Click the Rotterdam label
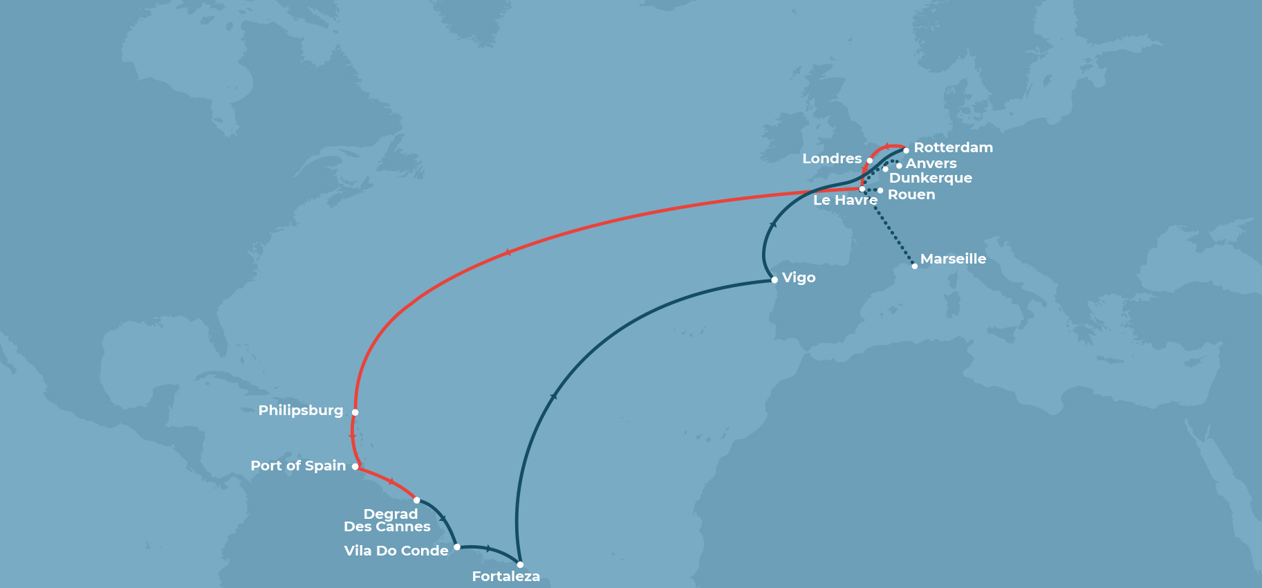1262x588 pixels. (x=953, y=147)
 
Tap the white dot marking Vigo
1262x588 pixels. (x=774, y=280)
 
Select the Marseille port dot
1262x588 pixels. (x=915, y=266)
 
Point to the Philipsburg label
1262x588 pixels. (x=301, y=410)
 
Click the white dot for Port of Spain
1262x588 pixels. (x=355, y=467)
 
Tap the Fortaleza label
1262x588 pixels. (x=505, y=576)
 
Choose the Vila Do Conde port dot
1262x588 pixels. (x=457, y=547)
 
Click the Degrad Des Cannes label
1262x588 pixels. (x=388, y=520)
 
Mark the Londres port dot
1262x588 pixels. (x=870, y=160)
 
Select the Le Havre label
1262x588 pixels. (x=844, y=200)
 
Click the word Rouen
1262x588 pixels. (x=911, y=194)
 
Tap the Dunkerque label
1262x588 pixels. (x=930, y=178)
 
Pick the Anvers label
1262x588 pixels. (x=931, y=163)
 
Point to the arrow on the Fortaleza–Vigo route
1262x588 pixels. (x=553, y=396)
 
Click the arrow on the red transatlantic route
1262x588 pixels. (x=508, y=252)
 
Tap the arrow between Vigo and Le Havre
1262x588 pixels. (x=773, y=225)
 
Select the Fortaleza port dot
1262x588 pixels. (x=520, y=564)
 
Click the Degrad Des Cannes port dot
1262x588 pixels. (x=416, y=500)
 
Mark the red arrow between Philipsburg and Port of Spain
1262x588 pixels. (x=353, y=437)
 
